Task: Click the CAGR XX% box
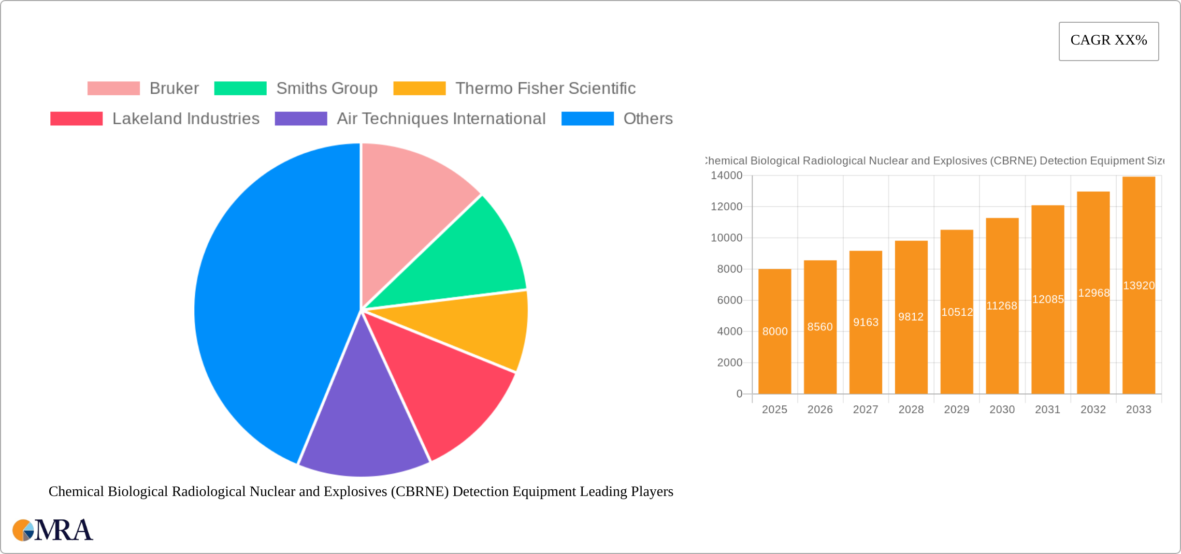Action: (x=1108, y=41)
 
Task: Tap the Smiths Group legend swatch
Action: (x=240, y=89)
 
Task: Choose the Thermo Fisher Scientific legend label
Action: (x=545, y=89)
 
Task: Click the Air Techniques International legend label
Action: (x=441, y=119)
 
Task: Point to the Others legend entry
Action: (x=647, y=119)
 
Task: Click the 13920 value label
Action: (x=1139, y=286)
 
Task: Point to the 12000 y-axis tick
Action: (x=726, y=207)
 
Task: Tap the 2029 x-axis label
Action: (x=956, y=410)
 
